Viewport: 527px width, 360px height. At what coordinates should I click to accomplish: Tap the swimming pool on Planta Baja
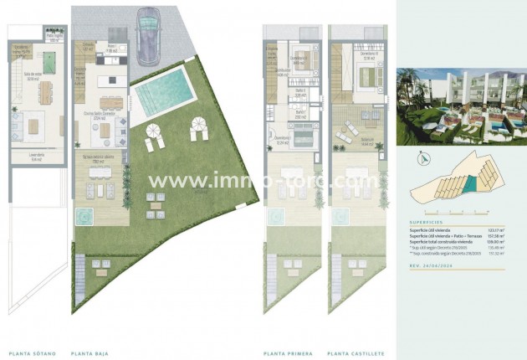(x=161, y=92)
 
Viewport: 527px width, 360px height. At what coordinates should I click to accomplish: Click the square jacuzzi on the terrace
(x=84, y=216)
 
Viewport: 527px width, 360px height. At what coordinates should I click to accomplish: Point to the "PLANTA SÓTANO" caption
(x=32, y=352)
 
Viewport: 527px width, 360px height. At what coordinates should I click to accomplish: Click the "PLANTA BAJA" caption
(x=92, y=352)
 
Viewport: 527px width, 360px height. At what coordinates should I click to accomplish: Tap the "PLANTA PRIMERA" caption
(x=288, y=352)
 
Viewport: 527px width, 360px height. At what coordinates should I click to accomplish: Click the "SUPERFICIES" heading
(x=427, y=222)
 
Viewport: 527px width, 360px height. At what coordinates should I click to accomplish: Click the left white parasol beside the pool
(x=155, y=131)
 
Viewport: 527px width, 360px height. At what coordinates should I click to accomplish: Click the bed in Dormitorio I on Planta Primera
(x=299, y=136)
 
